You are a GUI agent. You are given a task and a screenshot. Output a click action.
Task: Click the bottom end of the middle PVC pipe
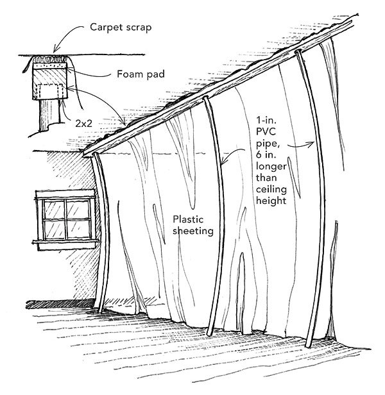[210, 333]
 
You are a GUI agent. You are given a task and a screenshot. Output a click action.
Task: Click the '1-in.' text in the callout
[264, 119]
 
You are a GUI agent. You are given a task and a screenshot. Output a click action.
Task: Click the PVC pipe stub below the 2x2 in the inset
[46, 115]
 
